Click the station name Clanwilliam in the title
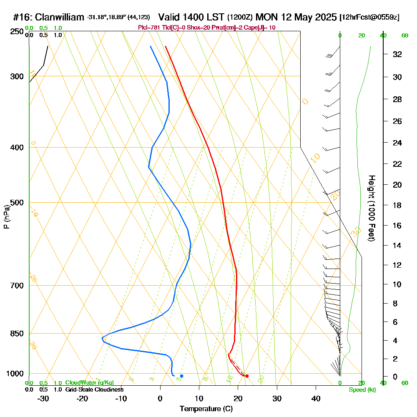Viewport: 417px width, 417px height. (x=60, y=17)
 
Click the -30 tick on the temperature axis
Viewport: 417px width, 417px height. (x=43, y=399)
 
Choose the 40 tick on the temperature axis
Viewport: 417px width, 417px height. (x=316, y=399)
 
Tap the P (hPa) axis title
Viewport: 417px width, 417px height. (x=6, y=217)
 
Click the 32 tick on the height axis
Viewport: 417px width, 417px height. (x=397, y=54)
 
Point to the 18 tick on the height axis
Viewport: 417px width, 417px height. (x=397, y=205)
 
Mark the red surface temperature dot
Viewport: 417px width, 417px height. (x=247, y=376)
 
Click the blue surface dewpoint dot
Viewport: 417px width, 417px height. (x=181, y=376)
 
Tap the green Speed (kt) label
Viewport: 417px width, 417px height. (x=362, y=389)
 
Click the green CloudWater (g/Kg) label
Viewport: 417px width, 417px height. (x=89, y=383)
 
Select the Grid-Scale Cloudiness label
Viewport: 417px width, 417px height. (x=94, y=389)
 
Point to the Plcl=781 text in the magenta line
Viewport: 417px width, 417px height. (x=150, y=28)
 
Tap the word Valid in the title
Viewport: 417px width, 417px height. (x=171, y=17)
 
